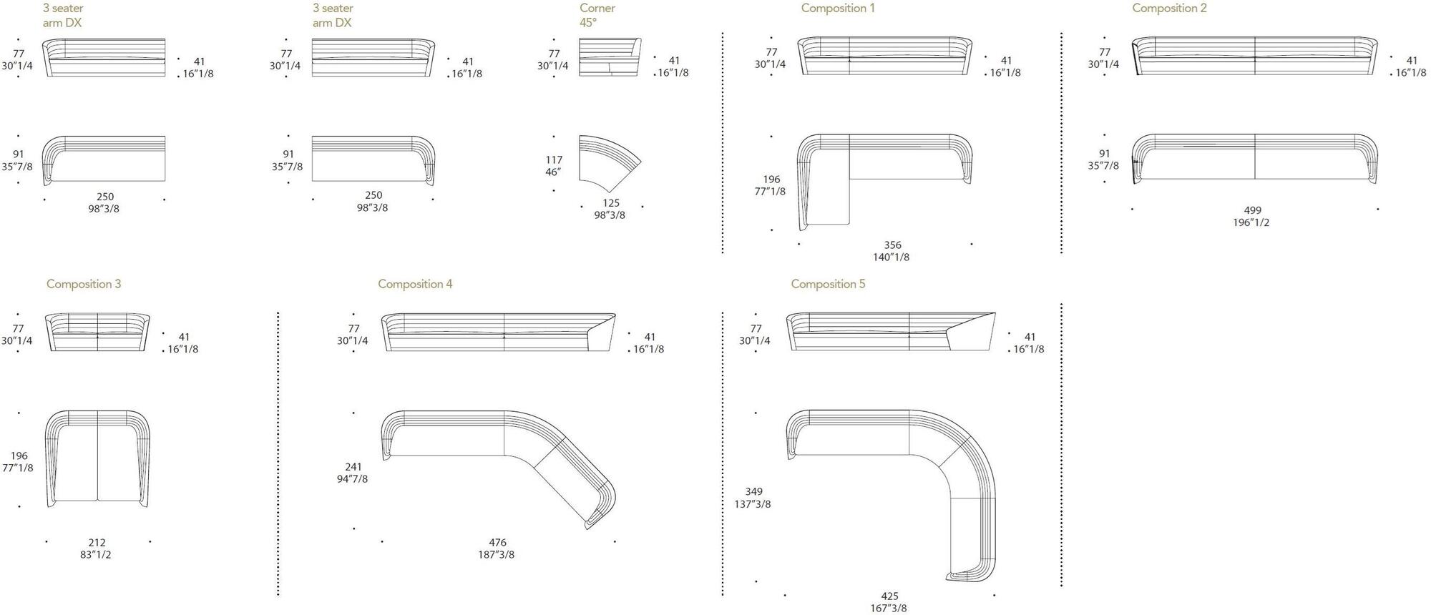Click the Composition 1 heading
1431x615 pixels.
click(837, 9)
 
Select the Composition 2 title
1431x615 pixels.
click(1169, 9)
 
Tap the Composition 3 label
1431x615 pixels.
click(84, 284)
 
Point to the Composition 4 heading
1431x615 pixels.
click(415, 284)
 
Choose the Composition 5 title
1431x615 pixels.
click(828, 284)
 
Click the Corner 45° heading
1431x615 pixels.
click(597, 15)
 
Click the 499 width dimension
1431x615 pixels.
click(1252, 210)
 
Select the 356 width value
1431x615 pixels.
click(892, 245)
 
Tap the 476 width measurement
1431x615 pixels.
click(497, 543)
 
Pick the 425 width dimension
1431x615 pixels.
click(889, 596)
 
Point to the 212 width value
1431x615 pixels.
click(97, 543)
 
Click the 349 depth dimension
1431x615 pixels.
click(753, 492)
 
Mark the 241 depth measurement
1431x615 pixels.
click(353, 467)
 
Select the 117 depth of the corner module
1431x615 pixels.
click(554, 160)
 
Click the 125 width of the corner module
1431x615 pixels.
click(610, 203)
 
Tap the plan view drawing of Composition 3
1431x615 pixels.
click(97, 458)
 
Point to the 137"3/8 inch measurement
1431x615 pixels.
click(753, 504)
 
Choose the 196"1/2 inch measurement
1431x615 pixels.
click(1251, 222)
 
